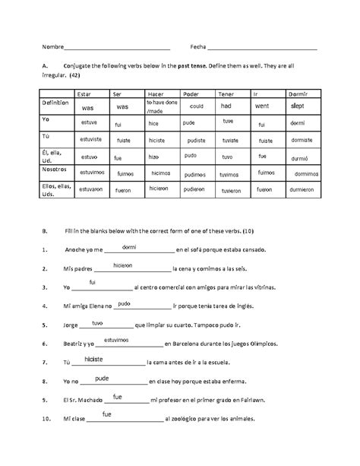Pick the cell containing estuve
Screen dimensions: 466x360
90,122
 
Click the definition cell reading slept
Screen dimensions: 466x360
298,106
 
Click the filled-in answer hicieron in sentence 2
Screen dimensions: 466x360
123,265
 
